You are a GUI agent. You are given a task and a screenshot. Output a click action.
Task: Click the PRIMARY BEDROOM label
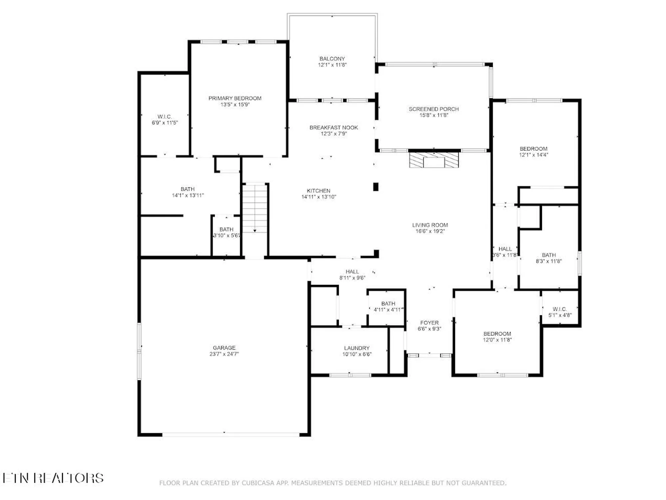[x=235, y=98]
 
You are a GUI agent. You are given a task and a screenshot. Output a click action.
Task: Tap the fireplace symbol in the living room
[x=434, y=160]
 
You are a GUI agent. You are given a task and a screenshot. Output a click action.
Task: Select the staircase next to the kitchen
[x=255, y=208]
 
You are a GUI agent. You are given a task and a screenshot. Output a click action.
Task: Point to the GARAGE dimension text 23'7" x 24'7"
[x=224, y=354]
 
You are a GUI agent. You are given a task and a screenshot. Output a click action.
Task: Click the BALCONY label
[x=332, y=59]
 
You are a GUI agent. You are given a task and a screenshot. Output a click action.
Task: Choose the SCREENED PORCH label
[x=434, y=109]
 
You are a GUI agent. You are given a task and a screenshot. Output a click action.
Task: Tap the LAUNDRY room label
[x=357, y=348]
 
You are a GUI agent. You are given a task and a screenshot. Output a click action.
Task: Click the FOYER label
[x=429, y=323]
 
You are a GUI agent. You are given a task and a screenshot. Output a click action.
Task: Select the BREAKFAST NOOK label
[x=334, y=128]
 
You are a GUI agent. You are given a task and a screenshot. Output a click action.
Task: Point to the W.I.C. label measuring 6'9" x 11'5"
[x=165, y=117]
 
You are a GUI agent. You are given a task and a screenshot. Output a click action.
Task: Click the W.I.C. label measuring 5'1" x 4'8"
[x=559, y=309]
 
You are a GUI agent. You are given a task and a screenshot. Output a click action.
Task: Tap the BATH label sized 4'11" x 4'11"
[x=388, y=304]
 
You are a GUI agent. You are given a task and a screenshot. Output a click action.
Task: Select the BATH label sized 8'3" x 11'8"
[x=549, y=255]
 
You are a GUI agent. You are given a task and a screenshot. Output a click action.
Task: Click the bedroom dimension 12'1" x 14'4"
[x=533, y=155]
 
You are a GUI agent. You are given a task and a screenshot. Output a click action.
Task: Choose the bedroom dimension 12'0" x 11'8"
[x=497, y=340]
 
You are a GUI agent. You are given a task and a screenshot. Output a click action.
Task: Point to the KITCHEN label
[x=318, y=191]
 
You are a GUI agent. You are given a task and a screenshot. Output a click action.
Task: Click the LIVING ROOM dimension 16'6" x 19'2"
[x=430, y=231]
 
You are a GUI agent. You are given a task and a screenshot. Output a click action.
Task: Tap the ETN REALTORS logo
[x=53, y=478]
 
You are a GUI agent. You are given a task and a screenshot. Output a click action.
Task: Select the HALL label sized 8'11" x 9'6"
[x=352, y=272]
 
